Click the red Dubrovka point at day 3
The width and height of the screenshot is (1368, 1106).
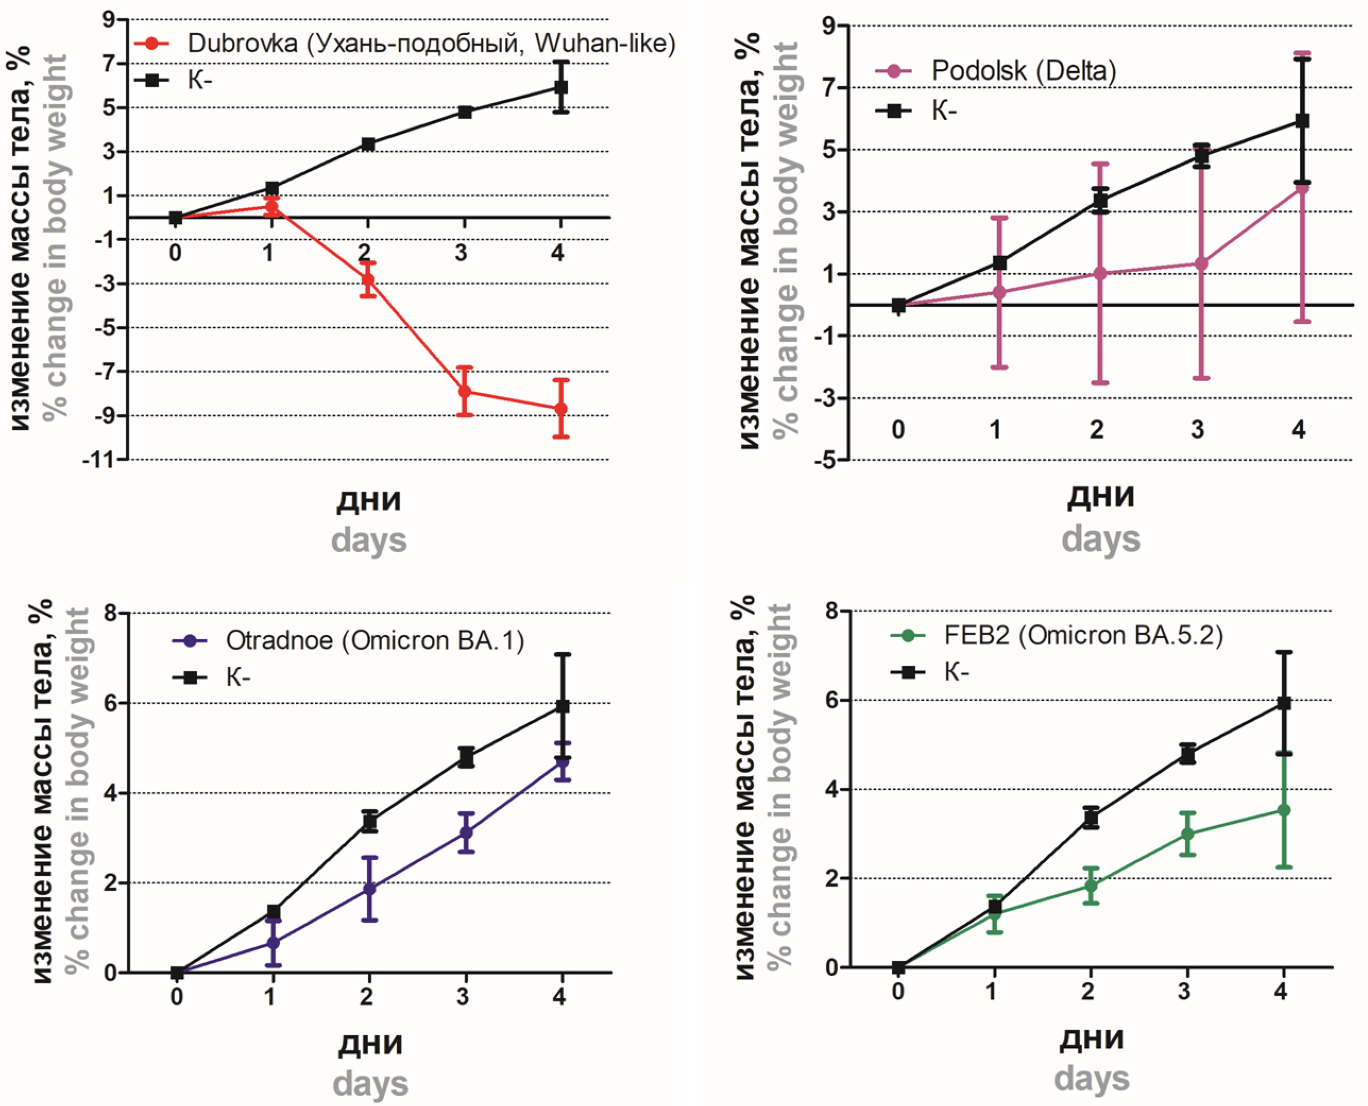(464, 391)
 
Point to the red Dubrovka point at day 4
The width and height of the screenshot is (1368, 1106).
(561, 408)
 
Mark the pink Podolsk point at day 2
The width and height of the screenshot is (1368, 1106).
(1100, 273)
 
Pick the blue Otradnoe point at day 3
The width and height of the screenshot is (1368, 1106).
(466, 832)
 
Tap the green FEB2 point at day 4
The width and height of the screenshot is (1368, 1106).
(1284, 810)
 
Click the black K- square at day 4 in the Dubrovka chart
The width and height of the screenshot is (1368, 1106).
(561, 87)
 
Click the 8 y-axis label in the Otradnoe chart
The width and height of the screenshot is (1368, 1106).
(111, 613)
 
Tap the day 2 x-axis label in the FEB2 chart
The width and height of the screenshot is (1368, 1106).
(1089, 990)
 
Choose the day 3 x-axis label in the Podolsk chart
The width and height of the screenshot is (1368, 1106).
(1197, 430)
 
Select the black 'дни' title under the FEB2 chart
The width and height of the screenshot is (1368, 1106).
(1091, 1039)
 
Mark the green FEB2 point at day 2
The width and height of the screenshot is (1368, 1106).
(1091, 886)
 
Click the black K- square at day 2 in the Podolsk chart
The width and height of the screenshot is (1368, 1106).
(1100, 201)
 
